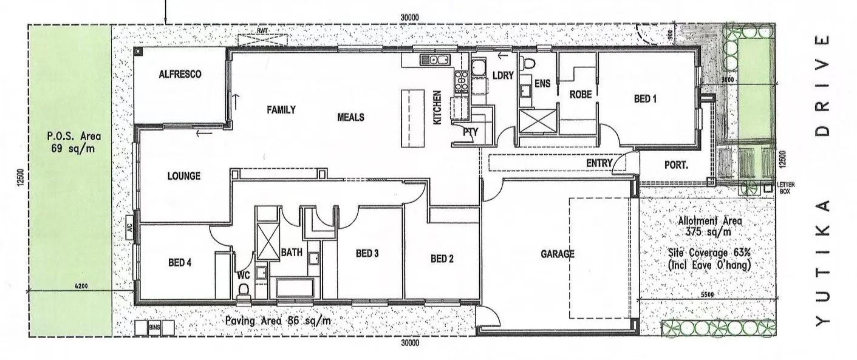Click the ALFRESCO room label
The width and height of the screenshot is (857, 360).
(180, 74)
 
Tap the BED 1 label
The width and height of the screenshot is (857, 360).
(645, 98)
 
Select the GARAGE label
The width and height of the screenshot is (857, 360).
(557, 254)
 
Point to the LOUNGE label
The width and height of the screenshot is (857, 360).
(183, 177)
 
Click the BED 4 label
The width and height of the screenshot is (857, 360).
(180, 263)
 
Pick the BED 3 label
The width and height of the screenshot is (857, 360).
(367, 253)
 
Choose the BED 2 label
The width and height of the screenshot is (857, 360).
(442, 259)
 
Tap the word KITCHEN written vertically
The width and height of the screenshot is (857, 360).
(436, 108)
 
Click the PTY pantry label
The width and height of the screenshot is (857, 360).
(470, 131)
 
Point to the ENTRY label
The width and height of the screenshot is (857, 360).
(598, 163)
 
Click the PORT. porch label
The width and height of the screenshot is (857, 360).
(675, 164)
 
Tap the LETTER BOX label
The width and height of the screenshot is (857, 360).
(785, 188)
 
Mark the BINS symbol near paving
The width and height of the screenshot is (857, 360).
(154, 328)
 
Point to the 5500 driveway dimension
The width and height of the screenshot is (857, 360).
(706, 295)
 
